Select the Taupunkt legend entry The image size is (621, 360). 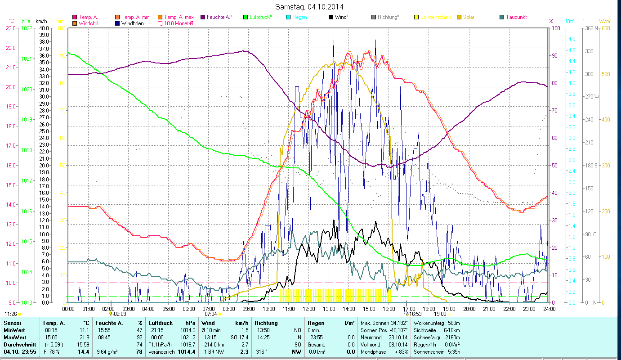516,17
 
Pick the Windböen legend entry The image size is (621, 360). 132,23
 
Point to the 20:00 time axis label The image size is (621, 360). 469,309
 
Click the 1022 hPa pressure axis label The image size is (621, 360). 27,28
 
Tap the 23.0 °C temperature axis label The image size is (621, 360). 10,28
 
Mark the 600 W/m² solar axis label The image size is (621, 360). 606,28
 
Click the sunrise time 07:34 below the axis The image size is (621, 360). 210,314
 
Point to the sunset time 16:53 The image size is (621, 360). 415,314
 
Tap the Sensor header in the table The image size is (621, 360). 12,323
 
